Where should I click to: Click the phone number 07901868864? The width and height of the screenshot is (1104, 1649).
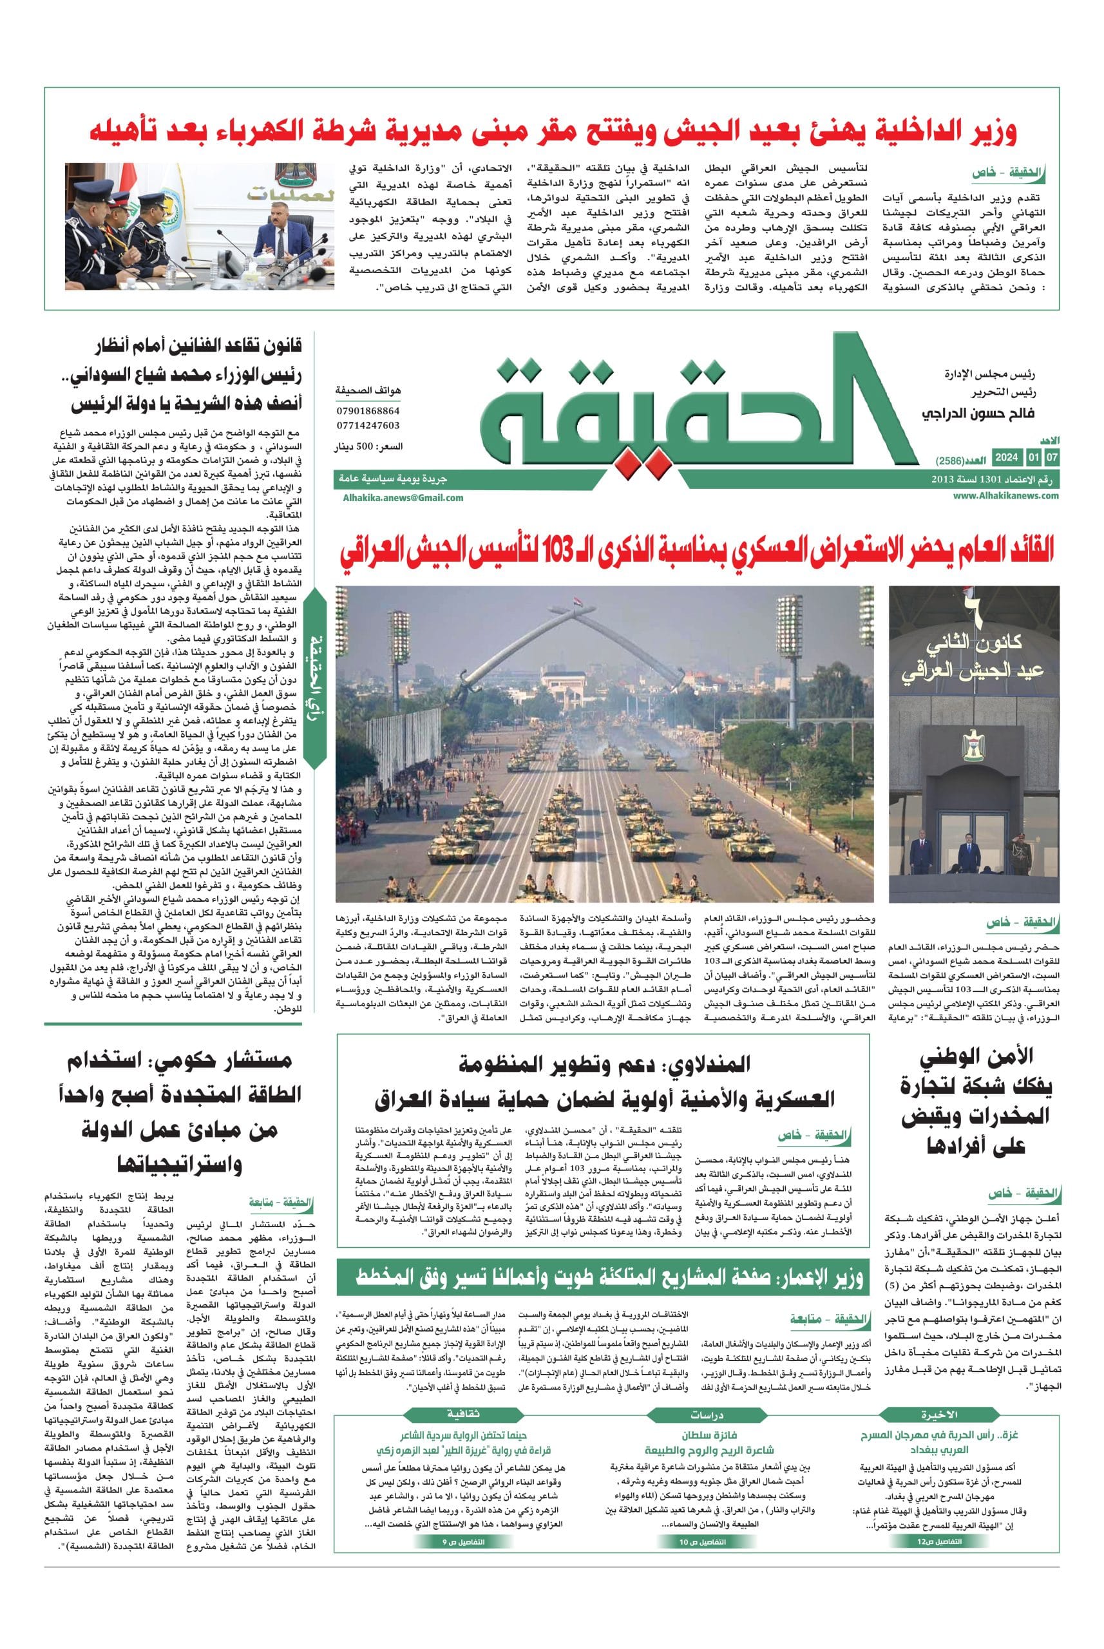[x=368, y=410]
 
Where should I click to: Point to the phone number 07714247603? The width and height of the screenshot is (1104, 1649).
[x=368, y=425]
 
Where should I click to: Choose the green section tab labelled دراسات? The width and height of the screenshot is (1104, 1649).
[x=705, y=1395]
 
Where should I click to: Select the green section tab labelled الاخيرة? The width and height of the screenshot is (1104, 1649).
[x=940, y=1395]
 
